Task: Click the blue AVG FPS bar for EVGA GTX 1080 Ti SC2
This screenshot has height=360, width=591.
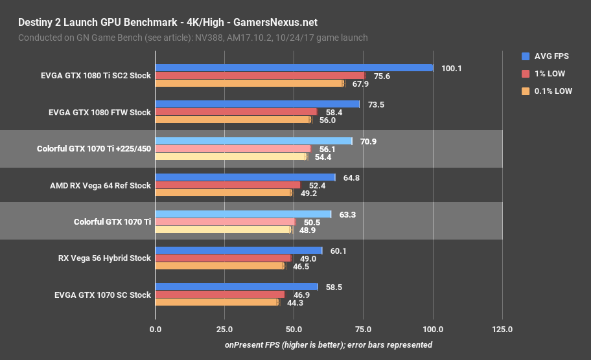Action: tap(294, 68)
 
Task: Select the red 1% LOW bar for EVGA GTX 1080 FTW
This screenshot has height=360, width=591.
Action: tap(236, 112)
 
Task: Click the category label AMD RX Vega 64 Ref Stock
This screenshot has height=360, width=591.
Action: tap(100, 185)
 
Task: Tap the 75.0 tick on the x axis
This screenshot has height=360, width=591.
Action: tap(364, 330)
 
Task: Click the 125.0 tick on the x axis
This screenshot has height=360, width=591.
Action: tap(502, 330)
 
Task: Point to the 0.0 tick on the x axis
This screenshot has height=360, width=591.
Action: tap(156, 330)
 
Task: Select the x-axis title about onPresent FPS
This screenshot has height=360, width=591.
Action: tap(329, 345)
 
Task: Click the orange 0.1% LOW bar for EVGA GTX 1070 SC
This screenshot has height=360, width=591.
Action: tap(216, 302)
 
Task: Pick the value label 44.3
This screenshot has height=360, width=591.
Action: tap(295, 302)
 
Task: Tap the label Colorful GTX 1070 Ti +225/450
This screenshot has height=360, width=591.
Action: tap(94, 148)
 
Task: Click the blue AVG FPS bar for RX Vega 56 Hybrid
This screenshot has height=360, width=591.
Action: tap(238, 251)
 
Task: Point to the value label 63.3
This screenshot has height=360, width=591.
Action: tap(348, 214)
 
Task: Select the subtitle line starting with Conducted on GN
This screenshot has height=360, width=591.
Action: tap(193, 38)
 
